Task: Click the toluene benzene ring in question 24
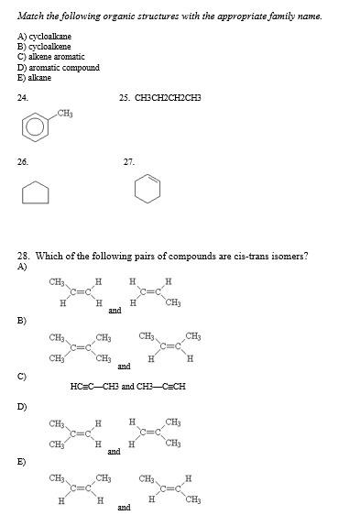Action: point(37,126)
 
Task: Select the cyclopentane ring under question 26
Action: point(36,192)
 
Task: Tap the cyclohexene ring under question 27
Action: point(147,188)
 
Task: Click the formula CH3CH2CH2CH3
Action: point(168,96)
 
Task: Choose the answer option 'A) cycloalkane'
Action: point(45,36)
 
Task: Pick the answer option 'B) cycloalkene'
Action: point(45,46)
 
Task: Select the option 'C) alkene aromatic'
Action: point(51,57)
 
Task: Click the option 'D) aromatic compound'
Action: point(58,67)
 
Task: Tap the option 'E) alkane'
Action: point(35,78)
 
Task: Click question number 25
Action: point(125,96)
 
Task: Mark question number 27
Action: point(128,161)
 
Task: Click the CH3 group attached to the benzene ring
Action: point(65,113)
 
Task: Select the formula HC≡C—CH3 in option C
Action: point(94,386)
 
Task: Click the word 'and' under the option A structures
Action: point(115,311)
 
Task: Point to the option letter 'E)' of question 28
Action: point(22,461)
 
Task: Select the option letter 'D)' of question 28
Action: point(22,406)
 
